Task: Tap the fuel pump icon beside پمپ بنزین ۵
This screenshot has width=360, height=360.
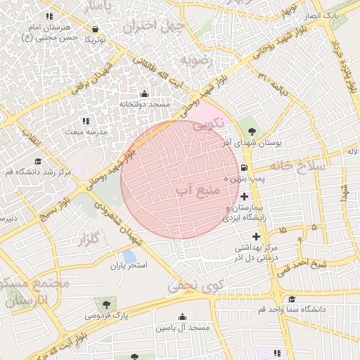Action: (x=243, y=168)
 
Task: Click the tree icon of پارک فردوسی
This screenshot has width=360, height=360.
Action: (x=106, y=304)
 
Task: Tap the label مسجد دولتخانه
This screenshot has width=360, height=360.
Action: (x=144, y=104)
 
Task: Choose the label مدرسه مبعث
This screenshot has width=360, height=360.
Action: (x=86, y=131)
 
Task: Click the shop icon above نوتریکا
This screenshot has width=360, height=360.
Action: (x=96, y=29)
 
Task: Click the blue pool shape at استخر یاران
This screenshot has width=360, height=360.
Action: (x=129, y=256)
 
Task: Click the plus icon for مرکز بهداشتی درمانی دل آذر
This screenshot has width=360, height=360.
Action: (x=256, y=236)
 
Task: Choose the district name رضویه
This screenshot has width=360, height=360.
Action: (x=197, y=59)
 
